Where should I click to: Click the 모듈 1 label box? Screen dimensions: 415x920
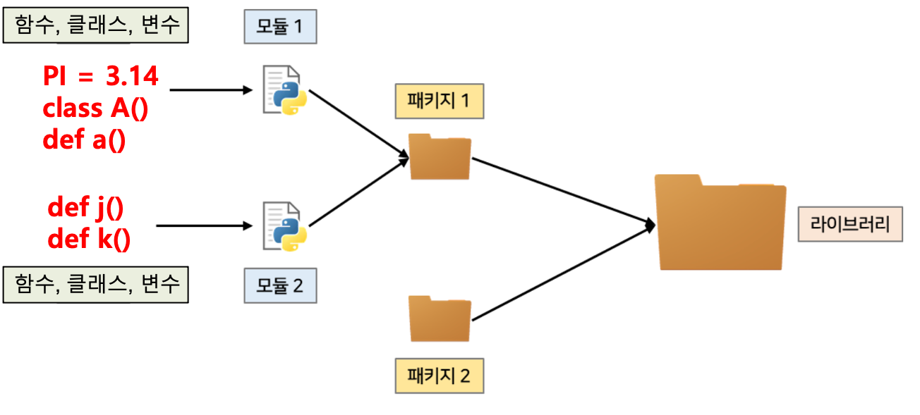[280, 27]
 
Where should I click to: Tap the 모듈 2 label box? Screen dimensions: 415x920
[281, 286]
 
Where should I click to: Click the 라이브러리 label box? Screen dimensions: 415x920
[850, 224]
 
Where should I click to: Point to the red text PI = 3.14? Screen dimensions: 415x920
[101, 77]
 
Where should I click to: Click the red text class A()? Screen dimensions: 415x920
[95, 109]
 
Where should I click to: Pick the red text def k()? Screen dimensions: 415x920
[89, 240]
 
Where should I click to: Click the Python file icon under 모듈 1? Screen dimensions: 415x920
[285, 89]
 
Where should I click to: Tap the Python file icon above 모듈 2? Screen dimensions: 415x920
[285, 226]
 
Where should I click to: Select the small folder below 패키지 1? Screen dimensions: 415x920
[440, 156]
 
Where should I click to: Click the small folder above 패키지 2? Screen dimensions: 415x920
[440, 318]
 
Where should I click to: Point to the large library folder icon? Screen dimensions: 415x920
[720, 221]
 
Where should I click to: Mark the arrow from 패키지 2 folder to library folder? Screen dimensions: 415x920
[561, 273]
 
